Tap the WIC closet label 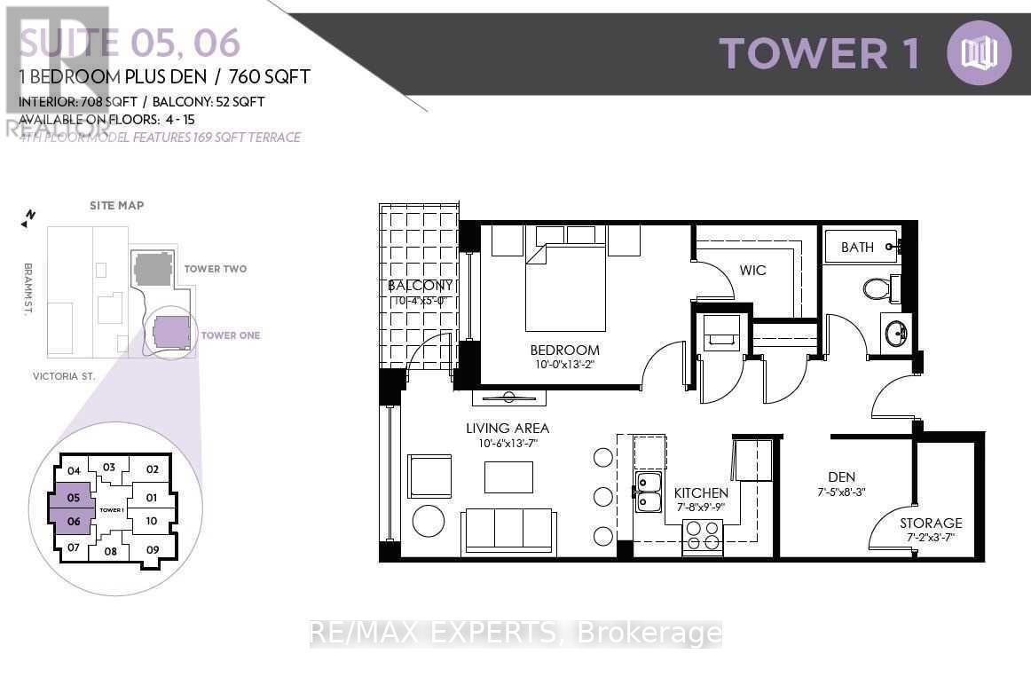point(752,270)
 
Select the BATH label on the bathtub point(857,248)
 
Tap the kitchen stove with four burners point(702,538)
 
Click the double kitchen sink point(649,493)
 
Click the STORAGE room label point(931,523)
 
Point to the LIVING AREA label point(508,429)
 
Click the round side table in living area point(429,521)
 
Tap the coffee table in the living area point(508,477)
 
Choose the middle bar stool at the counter point(603,497)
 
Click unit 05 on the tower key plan point(74,498)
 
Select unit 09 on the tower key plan point(152,548)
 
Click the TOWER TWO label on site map point(215,269)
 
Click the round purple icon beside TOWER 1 point(979,52)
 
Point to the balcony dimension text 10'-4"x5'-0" point(419,302)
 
